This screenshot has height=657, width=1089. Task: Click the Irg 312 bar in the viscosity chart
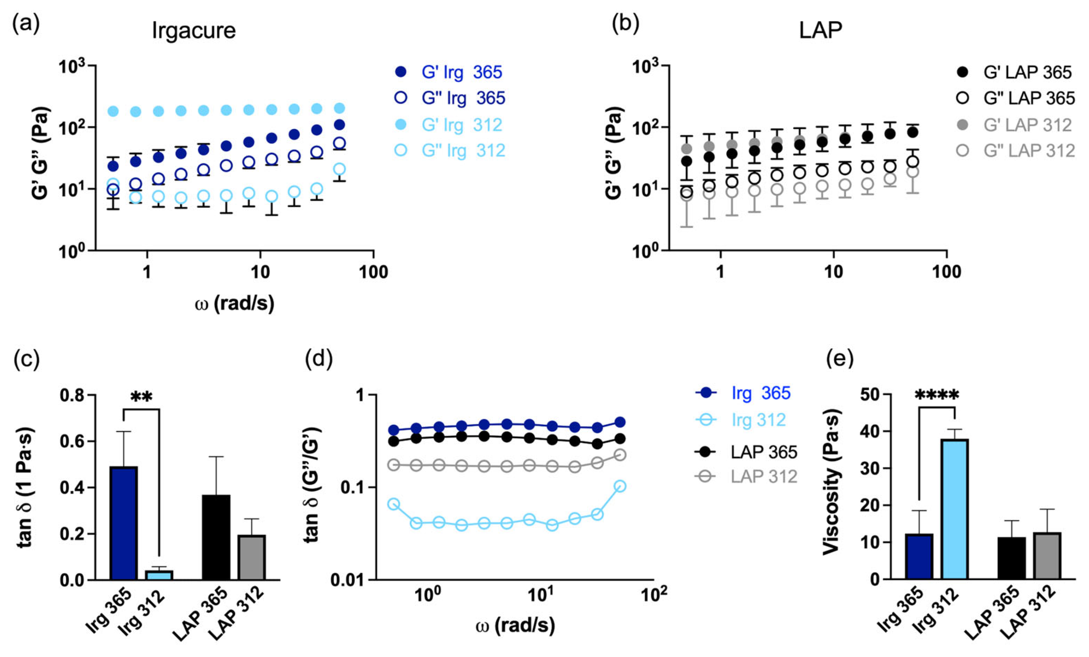[x=955, y=509]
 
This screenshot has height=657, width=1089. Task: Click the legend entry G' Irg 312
[x=461, y=125]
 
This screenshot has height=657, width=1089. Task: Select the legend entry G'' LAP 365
[x=1028, y=98]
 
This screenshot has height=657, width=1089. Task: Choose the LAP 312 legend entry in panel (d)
[x=764, y=476]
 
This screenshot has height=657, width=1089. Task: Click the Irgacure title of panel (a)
[x=194, y=31]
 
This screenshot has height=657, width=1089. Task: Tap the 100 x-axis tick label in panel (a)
[x=373, y=272]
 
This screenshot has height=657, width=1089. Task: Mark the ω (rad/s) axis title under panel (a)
[x=235, y=304]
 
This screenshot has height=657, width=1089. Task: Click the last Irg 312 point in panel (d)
[x=620, y=487]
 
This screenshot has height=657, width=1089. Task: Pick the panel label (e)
[x=840, y=359]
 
